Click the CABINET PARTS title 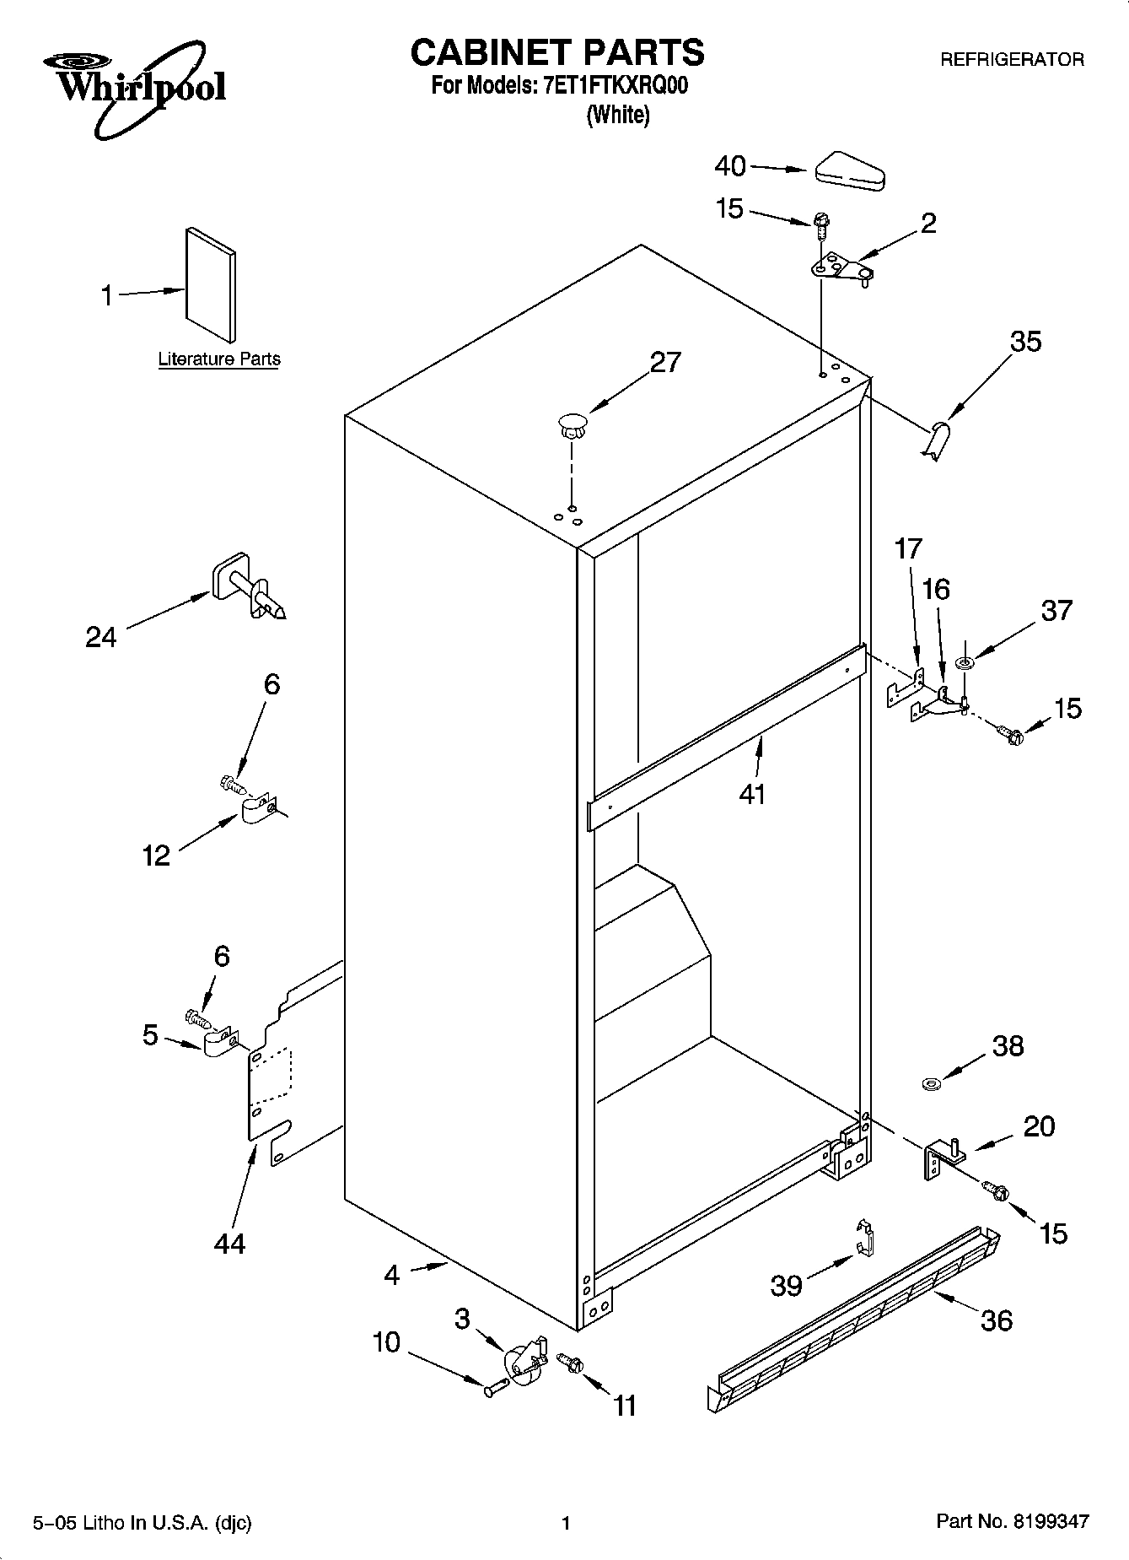[x=556, y=52]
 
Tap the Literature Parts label [x=219, y=359]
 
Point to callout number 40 [x=730, y=166]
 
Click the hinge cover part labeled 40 [x=849, y=169]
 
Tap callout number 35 [x=1025, y=341]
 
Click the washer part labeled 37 [x=965, y=664]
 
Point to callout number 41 [x=752, y=794]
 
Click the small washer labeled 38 [x=932, y=1082]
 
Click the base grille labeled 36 [x=852, y=1316]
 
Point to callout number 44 [x=229, y=1243]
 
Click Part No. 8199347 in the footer [x=1013, y=1522]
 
